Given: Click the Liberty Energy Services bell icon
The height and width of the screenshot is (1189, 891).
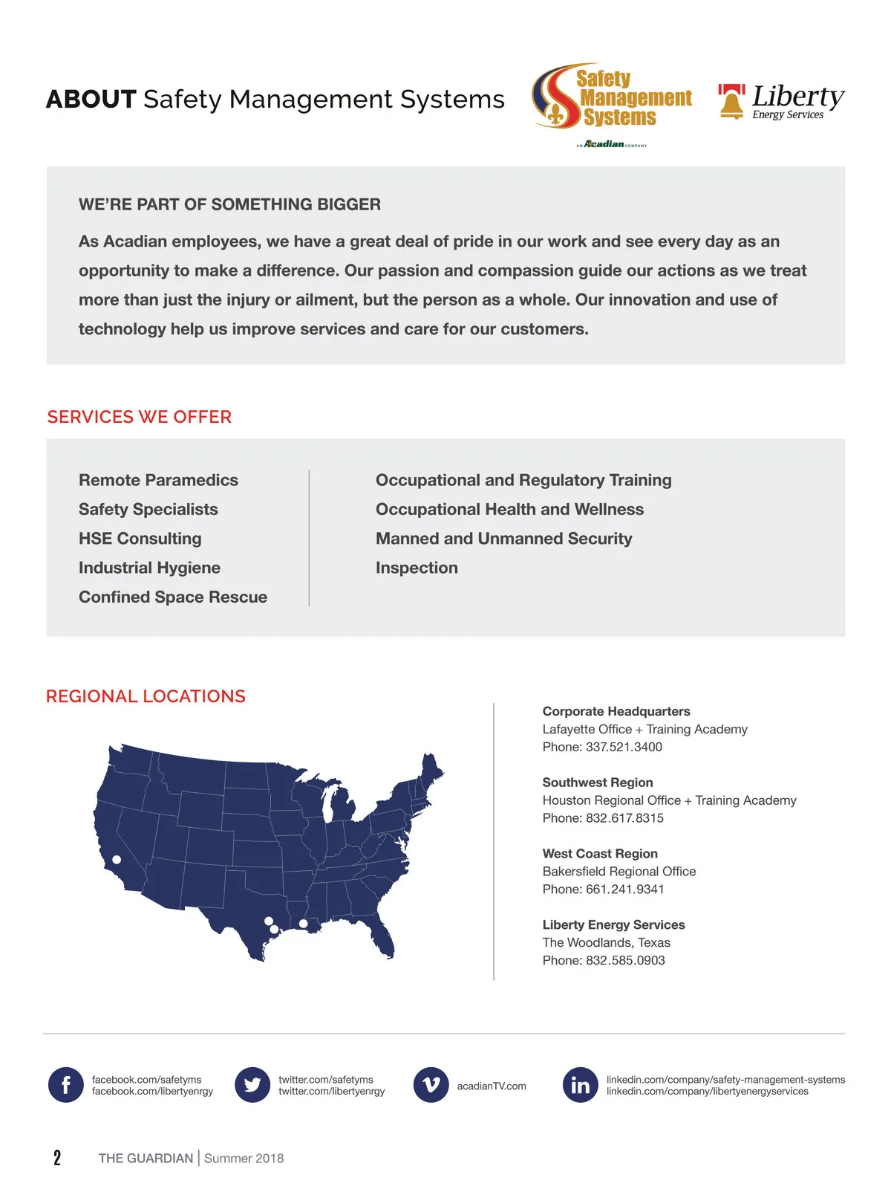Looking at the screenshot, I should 731,102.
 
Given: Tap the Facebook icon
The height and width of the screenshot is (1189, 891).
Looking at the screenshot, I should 66,1085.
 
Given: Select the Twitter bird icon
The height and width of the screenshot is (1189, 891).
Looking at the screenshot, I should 252,1085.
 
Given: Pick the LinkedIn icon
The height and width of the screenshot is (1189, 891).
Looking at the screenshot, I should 581,1085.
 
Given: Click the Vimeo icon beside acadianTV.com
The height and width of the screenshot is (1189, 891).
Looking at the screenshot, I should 431,1085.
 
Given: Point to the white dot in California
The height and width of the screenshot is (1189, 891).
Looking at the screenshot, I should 117,860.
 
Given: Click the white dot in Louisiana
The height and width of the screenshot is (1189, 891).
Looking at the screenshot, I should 303,924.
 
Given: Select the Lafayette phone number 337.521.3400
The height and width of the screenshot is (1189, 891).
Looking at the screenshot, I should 624,747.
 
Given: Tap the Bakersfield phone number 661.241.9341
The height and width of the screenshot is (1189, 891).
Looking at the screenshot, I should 624,890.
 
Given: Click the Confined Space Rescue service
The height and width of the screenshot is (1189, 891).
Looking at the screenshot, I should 173,597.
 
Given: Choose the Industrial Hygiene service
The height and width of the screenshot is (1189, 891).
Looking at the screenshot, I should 149,568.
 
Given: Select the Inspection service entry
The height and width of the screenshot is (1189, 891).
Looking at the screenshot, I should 417,568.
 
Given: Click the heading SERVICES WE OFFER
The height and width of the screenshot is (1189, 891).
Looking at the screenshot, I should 140,417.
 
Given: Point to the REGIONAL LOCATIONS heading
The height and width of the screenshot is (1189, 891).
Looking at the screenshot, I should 146,696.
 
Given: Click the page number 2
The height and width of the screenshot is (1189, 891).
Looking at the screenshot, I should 57,1158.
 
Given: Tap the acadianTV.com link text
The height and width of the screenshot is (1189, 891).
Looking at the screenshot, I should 492,1086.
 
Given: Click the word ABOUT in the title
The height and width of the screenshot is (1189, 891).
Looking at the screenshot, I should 91,100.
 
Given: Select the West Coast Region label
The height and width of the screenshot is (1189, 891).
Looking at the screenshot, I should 600,854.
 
